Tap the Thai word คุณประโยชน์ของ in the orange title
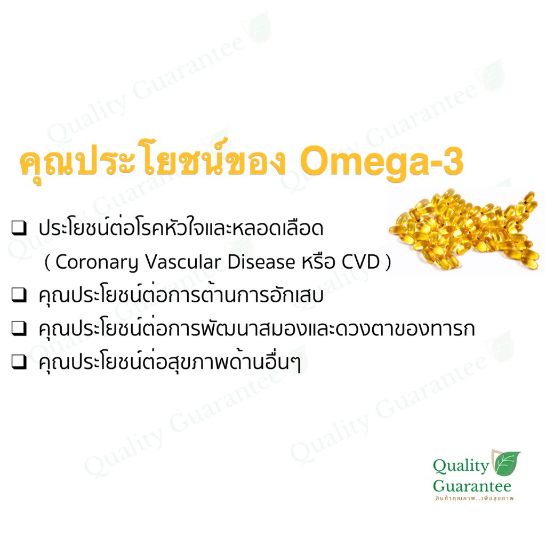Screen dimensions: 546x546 (154, 161)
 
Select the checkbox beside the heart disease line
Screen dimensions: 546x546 (19, 228)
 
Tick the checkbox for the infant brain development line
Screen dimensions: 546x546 (19, 328)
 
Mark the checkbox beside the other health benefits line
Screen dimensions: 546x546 (19, 362)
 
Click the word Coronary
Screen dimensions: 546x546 (97, 262)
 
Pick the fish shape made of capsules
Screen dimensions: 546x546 (465, 229)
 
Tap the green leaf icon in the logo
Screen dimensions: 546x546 (506, 463)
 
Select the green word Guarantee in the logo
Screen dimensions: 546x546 (472, 486)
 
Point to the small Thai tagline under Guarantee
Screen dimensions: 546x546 (474, 499)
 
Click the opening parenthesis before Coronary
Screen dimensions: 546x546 (47, 262)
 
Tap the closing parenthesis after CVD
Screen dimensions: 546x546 (388, 262)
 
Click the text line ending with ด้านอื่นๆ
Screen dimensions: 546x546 (169, 362)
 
